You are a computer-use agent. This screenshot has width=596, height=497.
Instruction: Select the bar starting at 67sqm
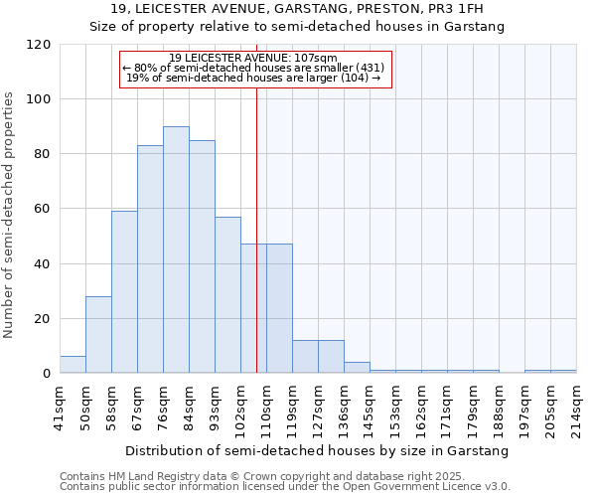150,259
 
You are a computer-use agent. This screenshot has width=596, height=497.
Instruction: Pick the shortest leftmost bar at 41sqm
73,365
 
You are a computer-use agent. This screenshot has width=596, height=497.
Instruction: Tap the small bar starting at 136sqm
357,368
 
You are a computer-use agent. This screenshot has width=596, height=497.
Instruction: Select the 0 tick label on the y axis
47,374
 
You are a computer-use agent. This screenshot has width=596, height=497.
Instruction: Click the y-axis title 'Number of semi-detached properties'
9,215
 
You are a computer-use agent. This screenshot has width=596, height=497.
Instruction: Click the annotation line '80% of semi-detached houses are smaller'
252,68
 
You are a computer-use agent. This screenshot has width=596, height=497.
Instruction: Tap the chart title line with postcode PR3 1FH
297,9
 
